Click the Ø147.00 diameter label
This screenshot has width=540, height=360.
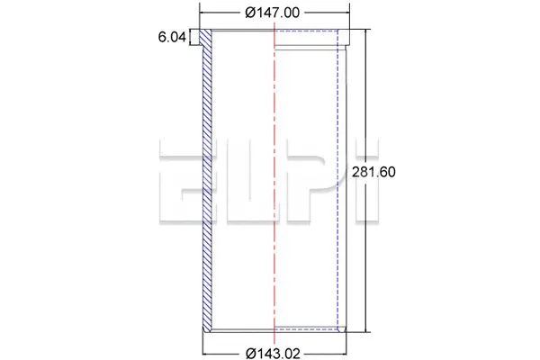pyautogui.click(x=271, y=13)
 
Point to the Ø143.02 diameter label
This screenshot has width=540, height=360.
pyautogui.click(x=272, y=352)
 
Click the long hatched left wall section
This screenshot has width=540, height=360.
pyautogui.click(x=209, y=180)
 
